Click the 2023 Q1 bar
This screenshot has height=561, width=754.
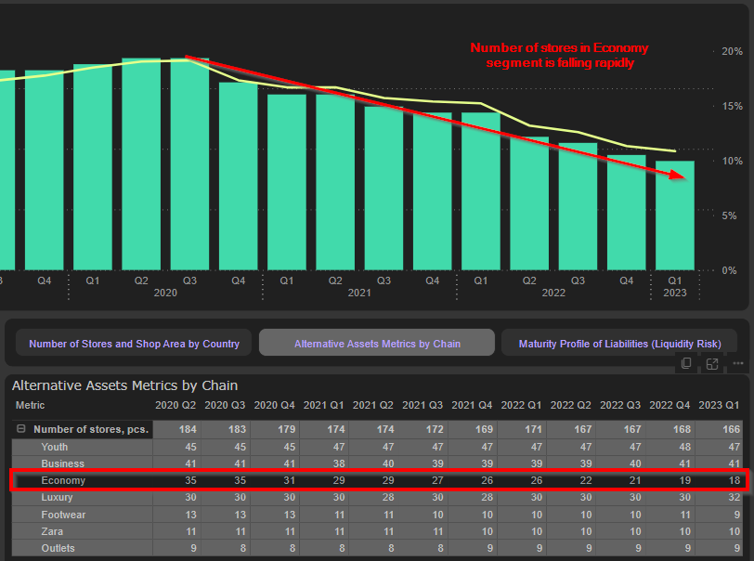point(675,215)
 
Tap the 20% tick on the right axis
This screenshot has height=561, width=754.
point(731,51)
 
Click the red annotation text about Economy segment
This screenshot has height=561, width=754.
point(559,55)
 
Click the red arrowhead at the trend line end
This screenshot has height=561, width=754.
point(686,176)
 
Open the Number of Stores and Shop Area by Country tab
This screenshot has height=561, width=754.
point(134,344)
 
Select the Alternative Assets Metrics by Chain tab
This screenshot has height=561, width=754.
point(377,344)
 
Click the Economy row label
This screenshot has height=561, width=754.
point(63,480)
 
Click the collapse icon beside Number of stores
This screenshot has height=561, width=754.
point(20,429)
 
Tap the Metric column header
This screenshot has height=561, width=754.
point(30,405)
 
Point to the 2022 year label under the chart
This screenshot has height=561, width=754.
point(553,293)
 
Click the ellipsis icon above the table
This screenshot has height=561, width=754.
point(737,363)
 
